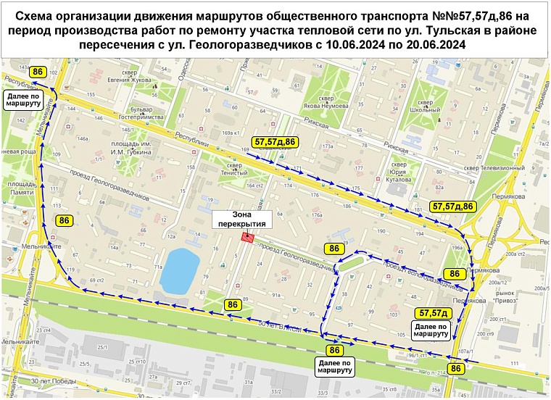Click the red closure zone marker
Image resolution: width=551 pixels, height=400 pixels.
tap(248, 236)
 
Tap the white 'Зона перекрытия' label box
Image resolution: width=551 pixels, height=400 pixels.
tap(241, 219)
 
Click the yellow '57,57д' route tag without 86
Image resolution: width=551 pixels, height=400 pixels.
tap(434, 313)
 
